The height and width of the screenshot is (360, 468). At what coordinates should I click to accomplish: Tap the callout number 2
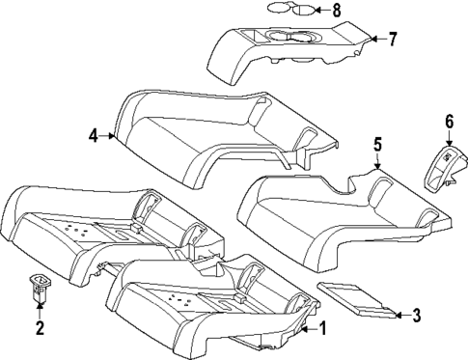tap(40, 328)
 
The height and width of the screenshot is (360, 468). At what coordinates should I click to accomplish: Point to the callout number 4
tap(95, 136)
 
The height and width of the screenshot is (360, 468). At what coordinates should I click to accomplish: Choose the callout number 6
tap(449, 122)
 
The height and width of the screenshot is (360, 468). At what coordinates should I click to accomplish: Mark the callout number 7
tap(392, 40)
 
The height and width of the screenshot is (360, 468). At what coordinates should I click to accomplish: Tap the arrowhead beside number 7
tap(375, 40)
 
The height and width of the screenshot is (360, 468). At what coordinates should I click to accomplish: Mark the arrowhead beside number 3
tap(397, 313)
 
